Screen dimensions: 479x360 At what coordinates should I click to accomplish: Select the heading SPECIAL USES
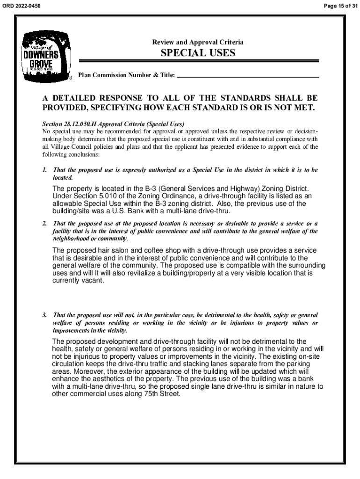coord(198,53)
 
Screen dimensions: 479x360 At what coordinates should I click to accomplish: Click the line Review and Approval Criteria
coord(198,43)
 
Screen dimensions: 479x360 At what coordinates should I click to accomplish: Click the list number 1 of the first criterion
coord(44,170)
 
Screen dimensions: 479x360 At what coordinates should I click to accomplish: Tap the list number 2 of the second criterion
coord(44,223)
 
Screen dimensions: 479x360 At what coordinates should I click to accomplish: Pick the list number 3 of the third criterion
coord(44,315)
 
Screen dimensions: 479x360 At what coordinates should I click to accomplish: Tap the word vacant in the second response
coord(90,281)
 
